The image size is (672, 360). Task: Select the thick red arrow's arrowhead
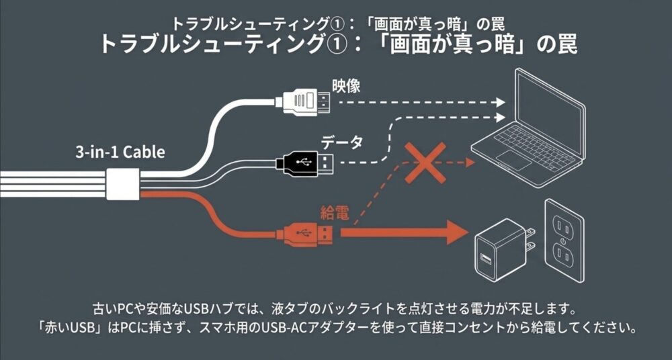pos(458,234)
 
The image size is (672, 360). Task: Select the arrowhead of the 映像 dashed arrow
pos(499,103)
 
